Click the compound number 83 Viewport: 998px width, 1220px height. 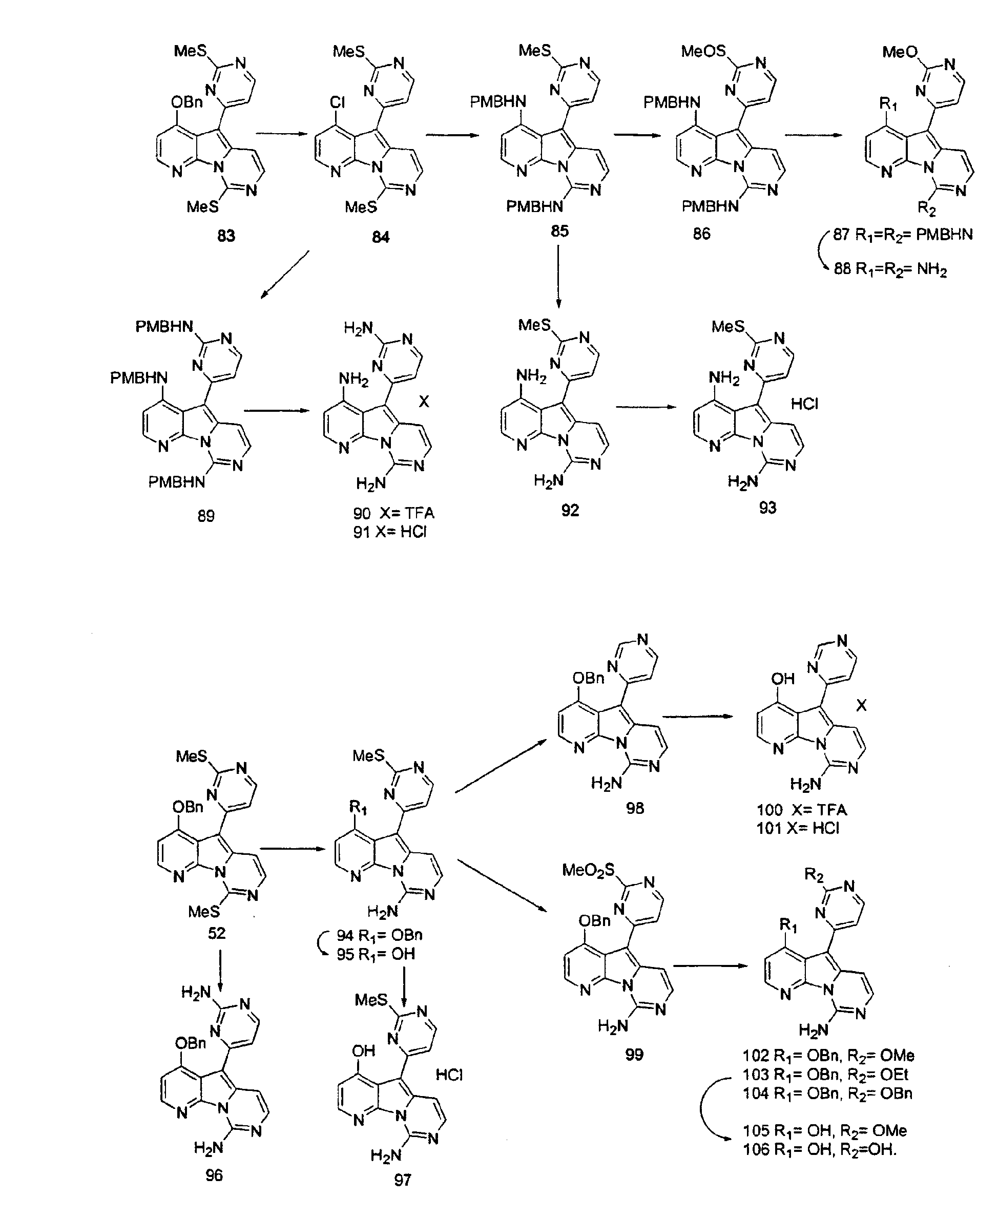coord(226,236)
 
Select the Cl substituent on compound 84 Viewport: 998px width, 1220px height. coord(337,102)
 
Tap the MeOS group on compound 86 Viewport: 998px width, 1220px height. coord(703,51)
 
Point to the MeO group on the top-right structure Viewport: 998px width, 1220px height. coord(900,52)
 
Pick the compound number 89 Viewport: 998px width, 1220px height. coord(206,515)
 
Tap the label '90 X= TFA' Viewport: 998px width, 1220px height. coord(394,513)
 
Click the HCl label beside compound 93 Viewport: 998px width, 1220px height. coord(804,404)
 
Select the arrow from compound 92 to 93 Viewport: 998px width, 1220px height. coord(646,407)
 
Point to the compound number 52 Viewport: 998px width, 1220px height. coord(216,933)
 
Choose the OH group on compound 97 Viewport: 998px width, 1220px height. coord(363,1050)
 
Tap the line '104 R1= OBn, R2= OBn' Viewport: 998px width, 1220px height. coord(827,1093)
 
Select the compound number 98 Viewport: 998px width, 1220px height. coord(635,808)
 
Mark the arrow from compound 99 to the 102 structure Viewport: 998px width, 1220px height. coord(711,965)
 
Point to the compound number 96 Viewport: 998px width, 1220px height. coord(214,1175)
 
